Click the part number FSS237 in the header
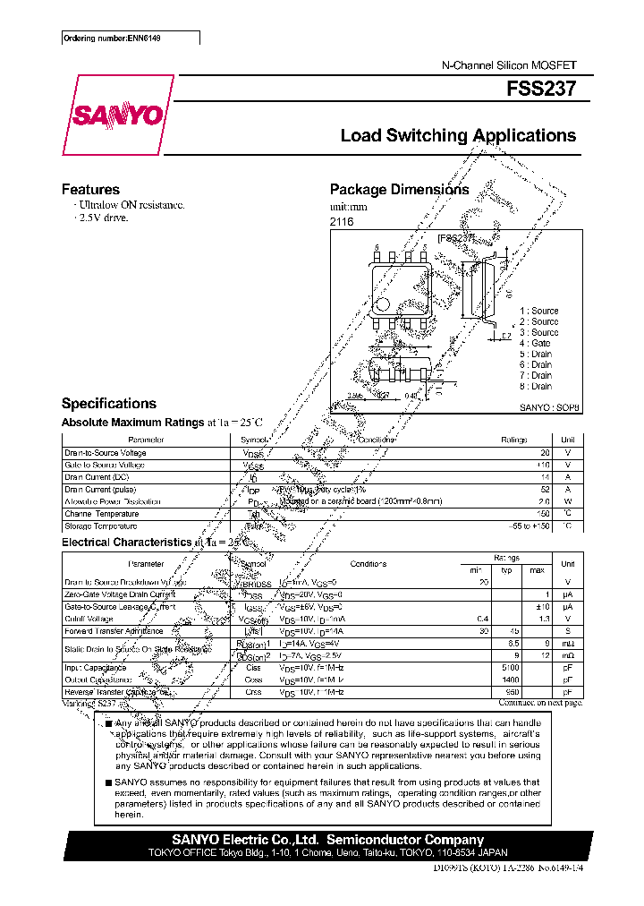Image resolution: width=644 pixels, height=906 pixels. (x=548, y=90)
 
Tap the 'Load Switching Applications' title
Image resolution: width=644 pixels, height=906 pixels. (x=458, y=136)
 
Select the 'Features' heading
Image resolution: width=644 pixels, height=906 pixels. (x=90, y=190)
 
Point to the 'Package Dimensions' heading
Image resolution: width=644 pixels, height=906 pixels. (x=399, y=190)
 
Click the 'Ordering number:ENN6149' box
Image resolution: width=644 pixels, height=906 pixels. (x=130, y=38)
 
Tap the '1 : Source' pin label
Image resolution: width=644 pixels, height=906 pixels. (x=538, y=311)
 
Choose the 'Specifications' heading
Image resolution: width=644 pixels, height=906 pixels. (x=108, y=404)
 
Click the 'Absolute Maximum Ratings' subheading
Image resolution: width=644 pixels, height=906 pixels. (x=132, y=423)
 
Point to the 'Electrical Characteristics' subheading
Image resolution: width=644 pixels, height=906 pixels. (x=125, y=543)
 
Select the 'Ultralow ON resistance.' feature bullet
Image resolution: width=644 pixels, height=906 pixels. (x=129, y=205)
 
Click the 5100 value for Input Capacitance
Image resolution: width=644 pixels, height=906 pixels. (x=508, y=668)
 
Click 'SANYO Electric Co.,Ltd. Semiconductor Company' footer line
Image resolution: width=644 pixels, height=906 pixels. (x=327, y=840)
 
